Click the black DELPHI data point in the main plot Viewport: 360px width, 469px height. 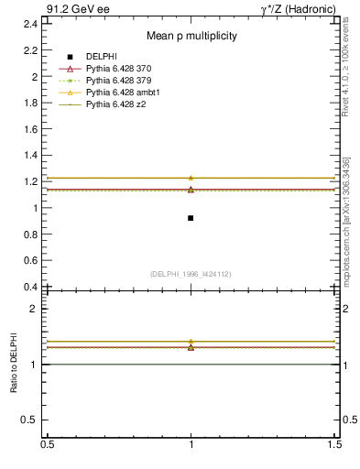click(x=191, y=218)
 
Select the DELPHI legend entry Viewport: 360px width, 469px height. click(x=101, y=57)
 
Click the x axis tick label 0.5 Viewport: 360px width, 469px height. click(x=47, y=443)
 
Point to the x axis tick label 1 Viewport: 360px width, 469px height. click(x=191, y=443)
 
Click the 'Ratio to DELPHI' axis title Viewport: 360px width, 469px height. click(x=14, y=363)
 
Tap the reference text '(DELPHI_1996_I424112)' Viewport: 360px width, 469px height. click(x=191, y=273)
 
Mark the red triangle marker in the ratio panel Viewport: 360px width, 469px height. click(x=191, y=347)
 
